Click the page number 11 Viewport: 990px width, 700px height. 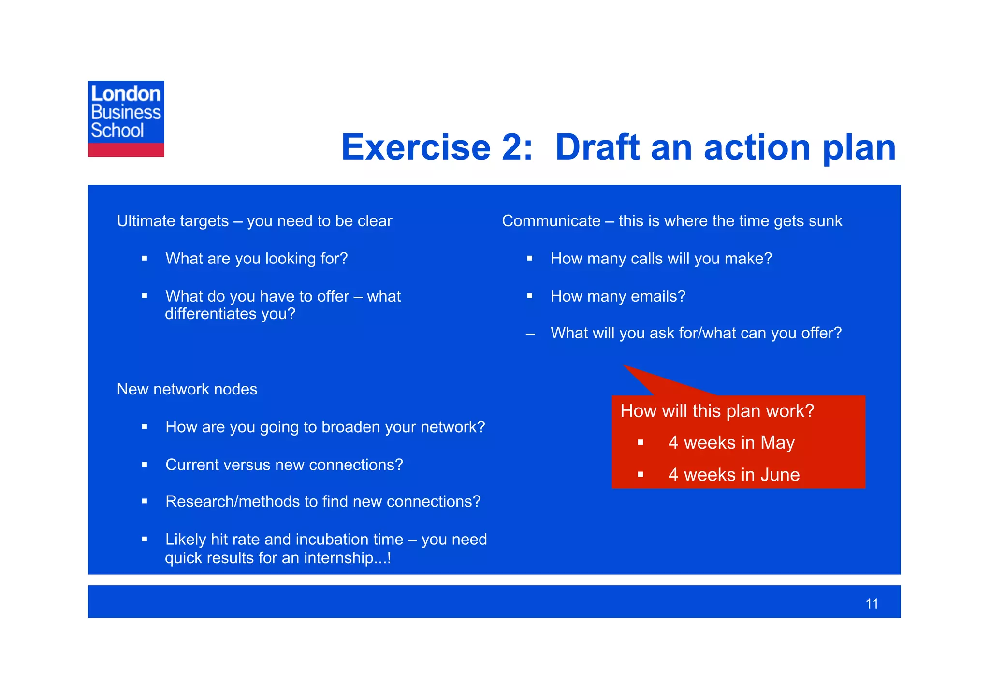click(872, 604)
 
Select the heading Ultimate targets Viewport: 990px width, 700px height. click(173, 221)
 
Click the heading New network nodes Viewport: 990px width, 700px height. click(187, 389)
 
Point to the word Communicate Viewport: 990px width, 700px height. click(551, 221)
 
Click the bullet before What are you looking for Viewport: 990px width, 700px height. click(145, 259)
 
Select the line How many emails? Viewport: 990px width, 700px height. click(618, 296)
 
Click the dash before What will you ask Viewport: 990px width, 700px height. click(530, 334)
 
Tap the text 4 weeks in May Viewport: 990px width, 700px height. click(731, 443)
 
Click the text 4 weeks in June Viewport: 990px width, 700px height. click(733, 475)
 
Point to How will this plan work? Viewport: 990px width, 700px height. click(717, 411)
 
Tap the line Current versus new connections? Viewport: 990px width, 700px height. click(284, 465)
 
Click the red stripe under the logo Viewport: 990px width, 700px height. click(126, 150)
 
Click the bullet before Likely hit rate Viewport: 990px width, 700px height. click(145, 540)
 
